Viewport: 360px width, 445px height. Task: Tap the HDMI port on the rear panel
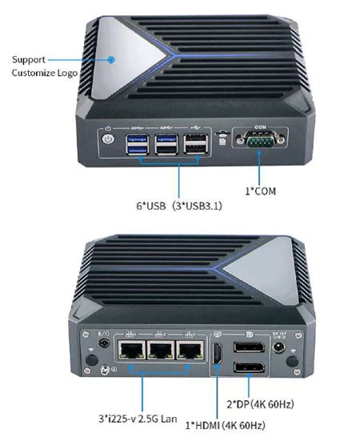(218, 354)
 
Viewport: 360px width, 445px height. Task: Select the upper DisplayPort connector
(249, 347)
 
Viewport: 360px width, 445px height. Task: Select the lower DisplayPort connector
(249, 367)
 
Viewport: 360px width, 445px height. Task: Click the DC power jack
(279, 347)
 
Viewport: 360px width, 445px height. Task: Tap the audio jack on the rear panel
(104, 343)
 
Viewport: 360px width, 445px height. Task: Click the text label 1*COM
(260, 191)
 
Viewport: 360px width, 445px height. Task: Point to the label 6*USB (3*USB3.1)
(179, 206)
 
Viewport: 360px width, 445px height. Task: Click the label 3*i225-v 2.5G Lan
(138, 419)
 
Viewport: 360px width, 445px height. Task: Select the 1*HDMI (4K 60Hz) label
(226, 426)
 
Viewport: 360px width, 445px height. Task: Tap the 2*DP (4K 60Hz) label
(260, 404)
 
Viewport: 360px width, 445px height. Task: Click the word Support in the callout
(29, 60)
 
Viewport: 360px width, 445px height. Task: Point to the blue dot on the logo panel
(111, 59)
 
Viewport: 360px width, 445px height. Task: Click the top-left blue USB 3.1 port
(137, 138)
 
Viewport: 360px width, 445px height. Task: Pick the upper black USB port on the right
(195, 138)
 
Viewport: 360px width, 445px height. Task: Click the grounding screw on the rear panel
(105, 370)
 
